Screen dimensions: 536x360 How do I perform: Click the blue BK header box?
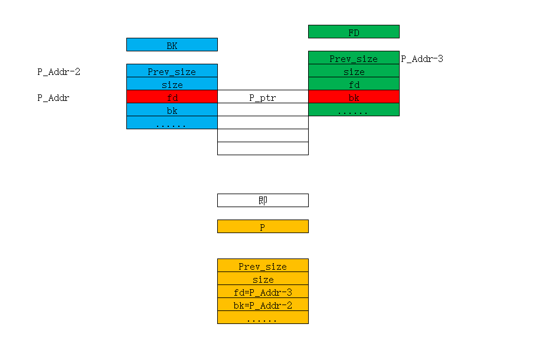172,45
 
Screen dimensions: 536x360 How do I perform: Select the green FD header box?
354,32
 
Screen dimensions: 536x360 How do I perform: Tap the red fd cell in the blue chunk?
172,97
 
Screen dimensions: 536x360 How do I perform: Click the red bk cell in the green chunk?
354,97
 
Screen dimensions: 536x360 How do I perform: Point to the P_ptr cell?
263,97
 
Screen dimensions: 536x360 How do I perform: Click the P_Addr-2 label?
59,72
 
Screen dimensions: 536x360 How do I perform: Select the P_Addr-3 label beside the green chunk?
422,59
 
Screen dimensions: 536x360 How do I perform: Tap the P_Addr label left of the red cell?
53,98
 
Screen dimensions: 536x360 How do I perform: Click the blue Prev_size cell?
172,71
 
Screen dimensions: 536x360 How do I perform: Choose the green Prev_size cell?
354,58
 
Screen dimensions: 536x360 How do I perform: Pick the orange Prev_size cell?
263,266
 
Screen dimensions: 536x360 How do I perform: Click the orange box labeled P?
263,226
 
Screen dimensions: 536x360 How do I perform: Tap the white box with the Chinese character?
263,200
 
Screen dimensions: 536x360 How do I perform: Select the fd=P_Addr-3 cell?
263,292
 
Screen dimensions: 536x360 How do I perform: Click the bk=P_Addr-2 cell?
263,305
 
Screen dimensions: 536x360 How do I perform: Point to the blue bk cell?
172,110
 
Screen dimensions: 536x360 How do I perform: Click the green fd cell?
354,84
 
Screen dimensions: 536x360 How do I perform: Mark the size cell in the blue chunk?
172,84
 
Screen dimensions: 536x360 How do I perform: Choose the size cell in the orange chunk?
263,279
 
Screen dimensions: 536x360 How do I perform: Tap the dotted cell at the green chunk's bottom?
354,110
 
